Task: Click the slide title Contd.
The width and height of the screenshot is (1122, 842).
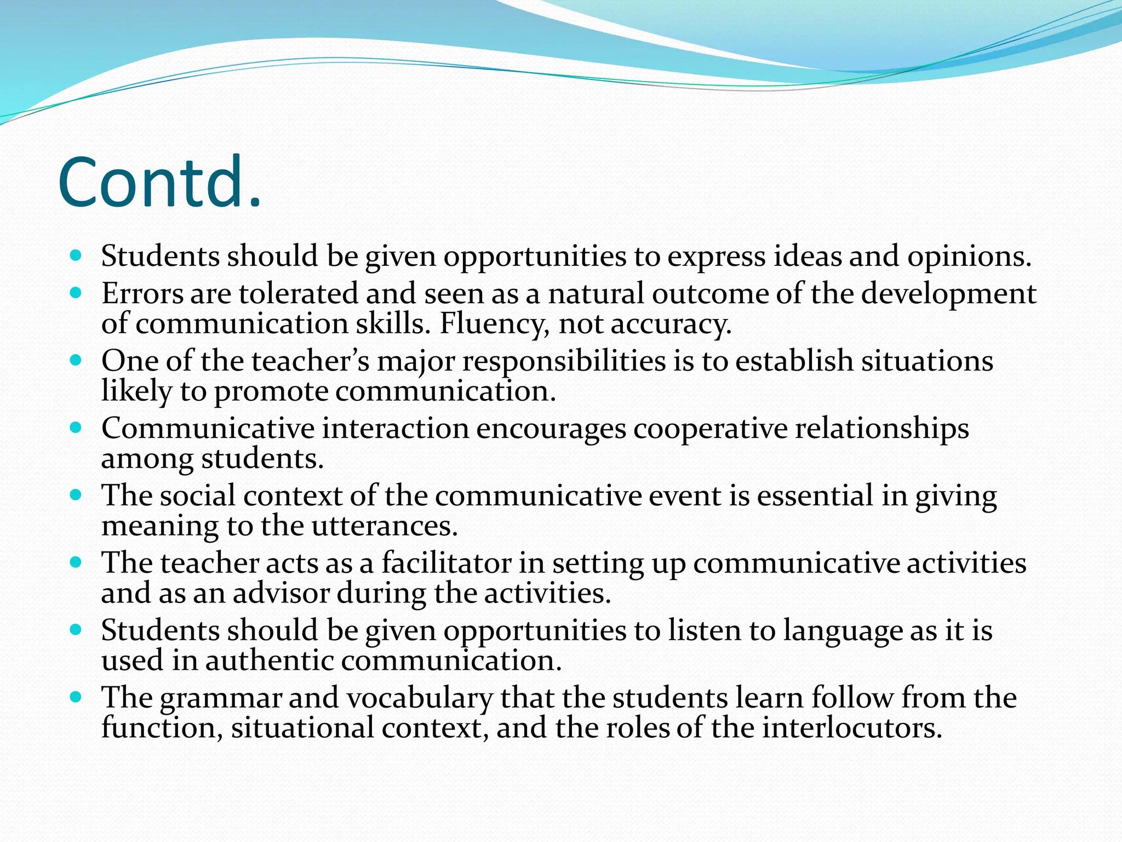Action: pyautogui.click(x=159, y=184)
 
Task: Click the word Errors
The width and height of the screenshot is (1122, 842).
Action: pyautogui.click(x=142, y=294)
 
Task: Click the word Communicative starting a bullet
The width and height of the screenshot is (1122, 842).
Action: pyautogui.click(x=208, y=429)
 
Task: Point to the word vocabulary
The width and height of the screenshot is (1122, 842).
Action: pyautogui.click(x=419, y=698)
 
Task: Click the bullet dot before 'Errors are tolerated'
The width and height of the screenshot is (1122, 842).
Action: pyautogui.click(x=76, y=293)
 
